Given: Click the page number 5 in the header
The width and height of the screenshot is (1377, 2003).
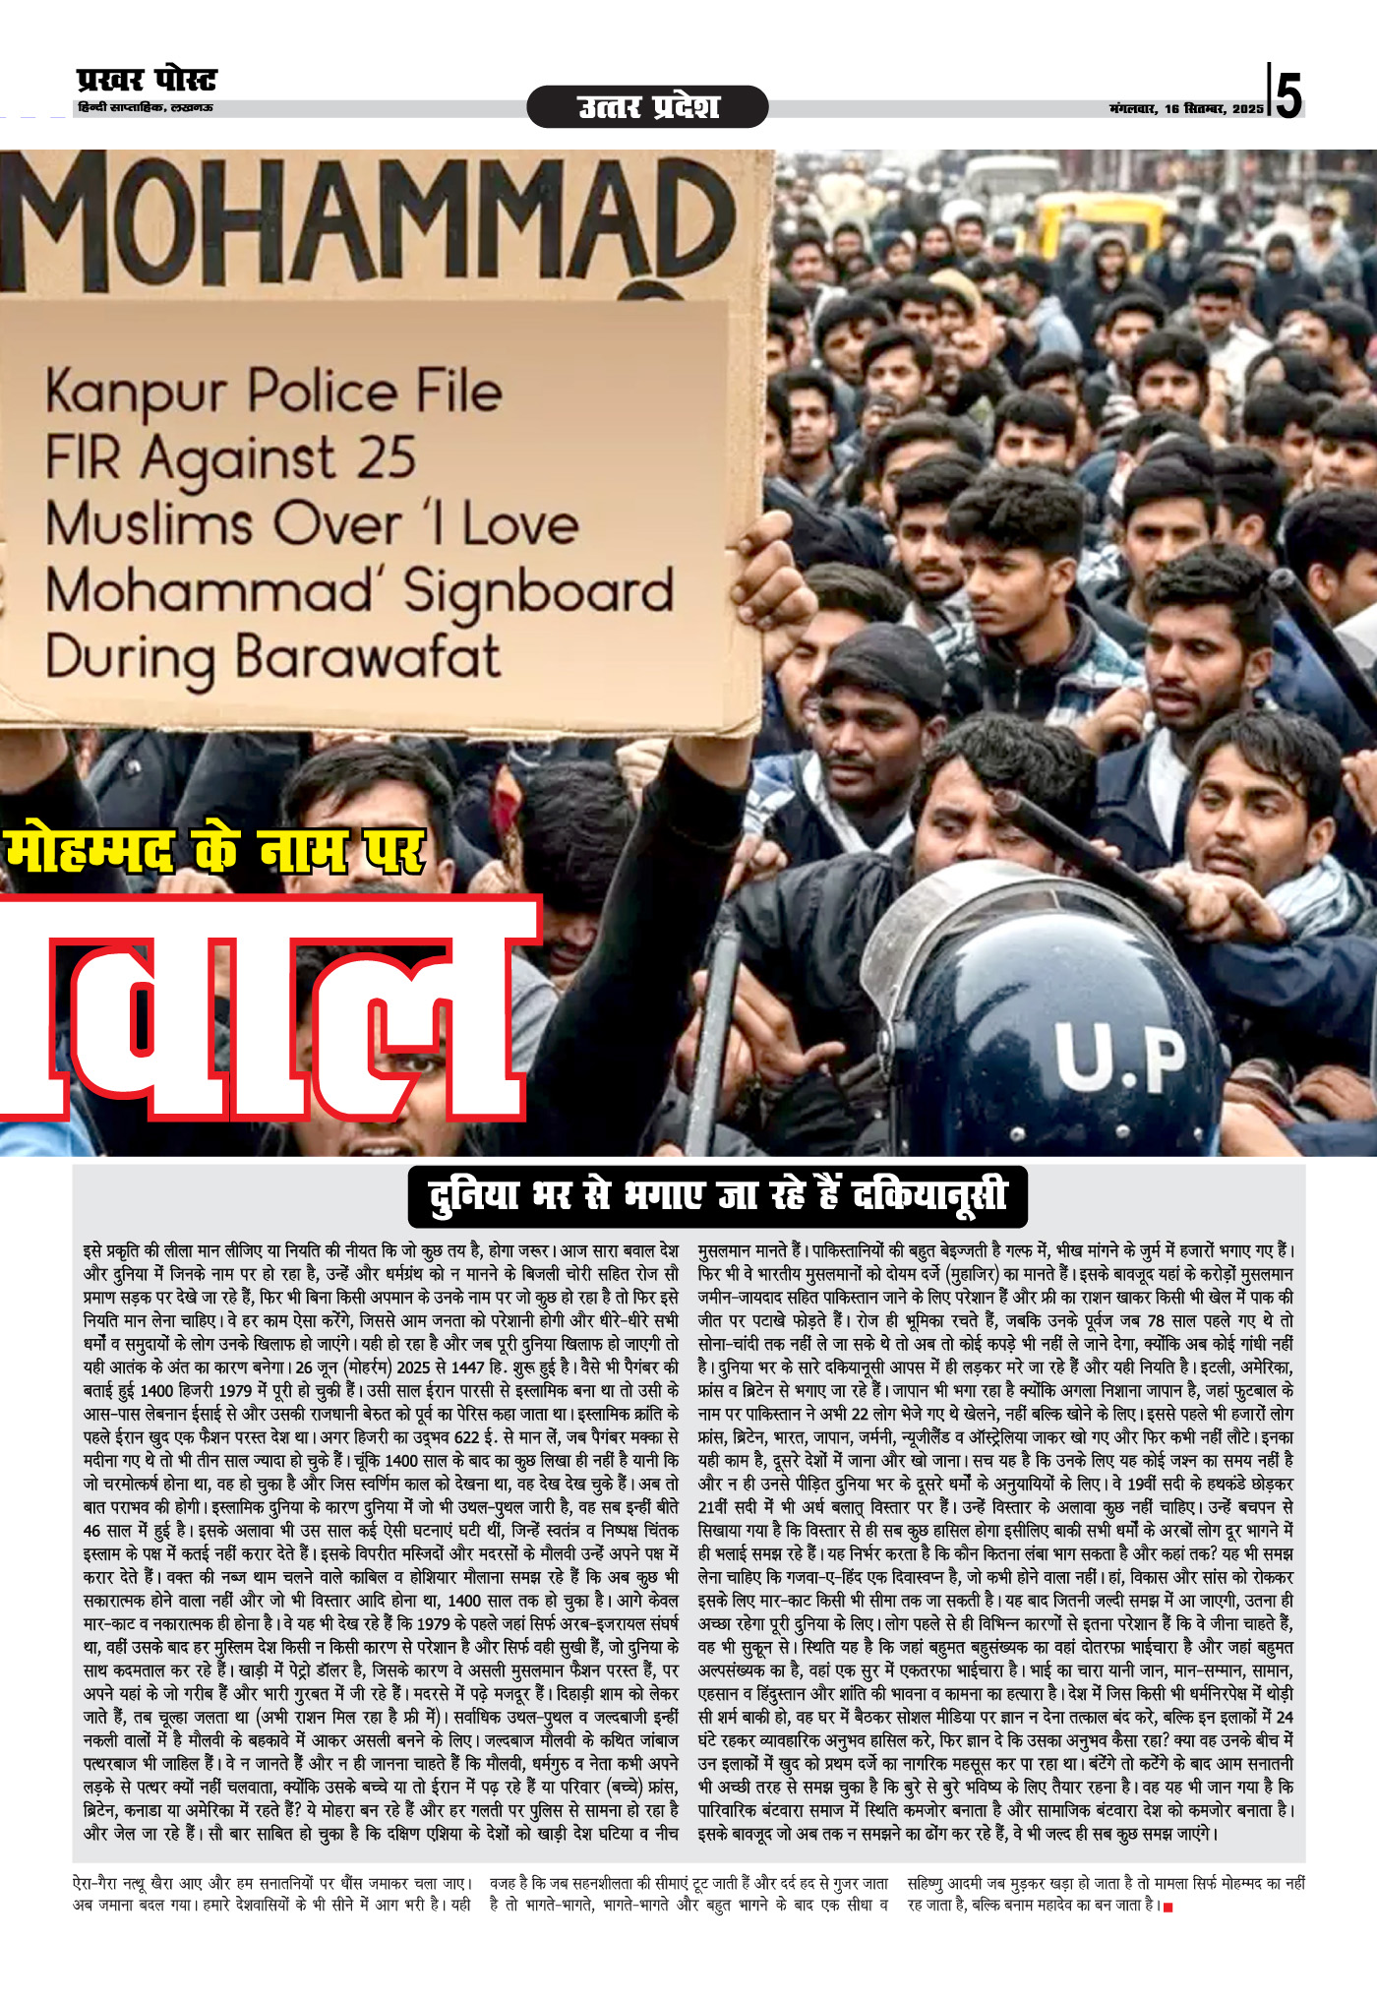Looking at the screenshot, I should pyautogui.click(x=1288, y=93).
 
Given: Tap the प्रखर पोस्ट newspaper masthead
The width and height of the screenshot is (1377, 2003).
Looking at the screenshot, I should pyautogui.click(x=146, y=80).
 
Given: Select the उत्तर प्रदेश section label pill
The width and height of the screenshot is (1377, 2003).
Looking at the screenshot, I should pyautogui.click(x=647, y=106).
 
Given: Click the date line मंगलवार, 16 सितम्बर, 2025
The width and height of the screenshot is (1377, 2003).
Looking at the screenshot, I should pyautogui.click(x=1186, y=108).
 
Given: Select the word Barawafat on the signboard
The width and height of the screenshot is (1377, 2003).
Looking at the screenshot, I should pyautogui.click(x=368, y=657).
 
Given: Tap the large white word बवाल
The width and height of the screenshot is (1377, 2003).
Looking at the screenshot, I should pyautogui.click(x=266, y=1013).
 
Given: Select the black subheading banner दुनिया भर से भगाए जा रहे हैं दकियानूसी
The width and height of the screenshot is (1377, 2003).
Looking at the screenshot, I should pyautogui.click(x=717, y=1195).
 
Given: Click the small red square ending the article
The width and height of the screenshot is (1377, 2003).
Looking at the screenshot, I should pyautogui.click(x=1168, y=1908).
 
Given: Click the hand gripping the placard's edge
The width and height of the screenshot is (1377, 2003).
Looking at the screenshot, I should pyautogui.click(x=777, y=590).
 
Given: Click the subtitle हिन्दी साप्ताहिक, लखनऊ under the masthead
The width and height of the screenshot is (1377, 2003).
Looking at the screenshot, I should pyautogui.click(x=145, y=107).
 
